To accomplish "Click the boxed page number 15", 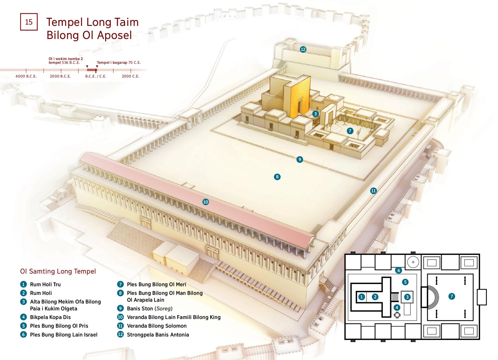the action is [29, 22].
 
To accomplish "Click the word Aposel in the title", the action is [113, 35].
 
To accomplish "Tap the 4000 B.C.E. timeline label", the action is [26, 76].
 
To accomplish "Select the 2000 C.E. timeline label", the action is [131, 76].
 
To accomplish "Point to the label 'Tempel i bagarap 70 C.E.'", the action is [119, 63].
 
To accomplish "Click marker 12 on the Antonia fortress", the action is [303, 49].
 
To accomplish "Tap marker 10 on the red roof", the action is [206, 202].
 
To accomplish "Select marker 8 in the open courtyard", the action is [277, 177].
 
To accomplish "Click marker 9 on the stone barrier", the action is [300, 160].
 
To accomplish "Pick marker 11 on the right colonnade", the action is [373, 191].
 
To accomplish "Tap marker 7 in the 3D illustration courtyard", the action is [350, 131].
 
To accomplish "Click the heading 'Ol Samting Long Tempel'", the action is [58, 271].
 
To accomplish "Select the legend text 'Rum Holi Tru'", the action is [45, 284].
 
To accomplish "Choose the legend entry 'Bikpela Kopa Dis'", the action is [50, 317].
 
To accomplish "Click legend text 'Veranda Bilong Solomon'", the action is [157, 326].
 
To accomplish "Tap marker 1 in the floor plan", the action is [362, 297].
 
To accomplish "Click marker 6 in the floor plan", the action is [398, 270].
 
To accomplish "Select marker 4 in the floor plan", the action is [397, 307].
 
